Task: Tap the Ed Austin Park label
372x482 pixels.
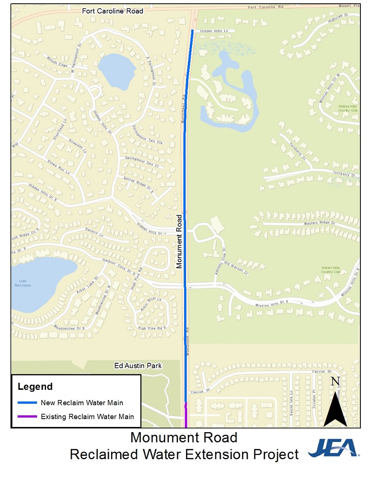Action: click(x=138, y=366)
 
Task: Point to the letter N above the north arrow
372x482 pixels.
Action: click(x=335, y=382)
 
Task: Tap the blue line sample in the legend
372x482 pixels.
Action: click(x=27, y=402)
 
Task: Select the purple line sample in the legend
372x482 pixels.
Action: click(x=27, y=416)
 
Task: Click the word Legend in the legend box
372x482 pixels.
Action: click(x=35, y=387)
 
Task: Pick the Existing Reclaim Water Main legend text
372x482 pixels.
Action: click(x=87, y=416)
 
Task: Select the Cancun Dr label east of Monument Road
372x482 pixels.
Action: click(x=321, y=372)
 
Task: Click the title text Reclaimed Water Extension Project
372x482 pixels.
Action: click(x=184, y=455)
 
